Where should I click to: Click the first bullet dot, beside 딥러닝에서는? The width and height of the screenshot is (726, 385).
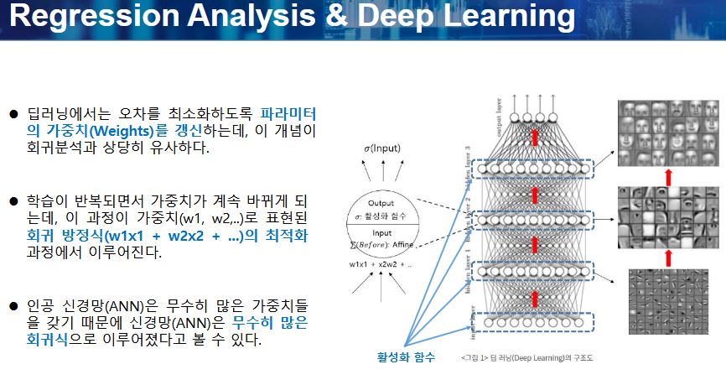(x=13, y=114)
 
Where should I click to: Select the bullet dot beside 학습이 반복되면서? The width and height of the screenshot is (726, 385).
(x=13, y=202)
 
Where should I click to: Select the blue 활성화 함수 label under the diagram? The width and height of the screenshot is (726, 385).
(x=406, y=358)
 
